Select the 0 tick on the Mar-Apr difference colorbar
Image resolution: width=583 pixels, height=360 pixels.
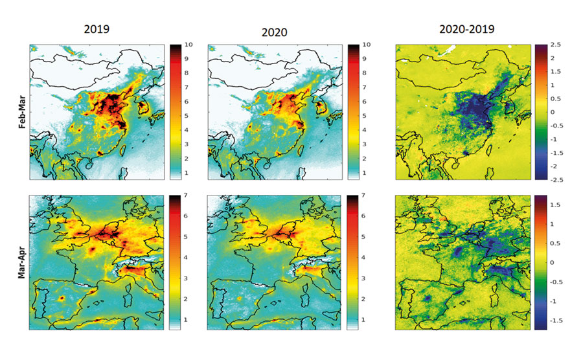click(554, 262)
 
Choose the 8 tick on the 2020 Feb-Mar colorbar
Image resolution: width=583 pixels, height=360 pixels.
click(367, 73)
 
